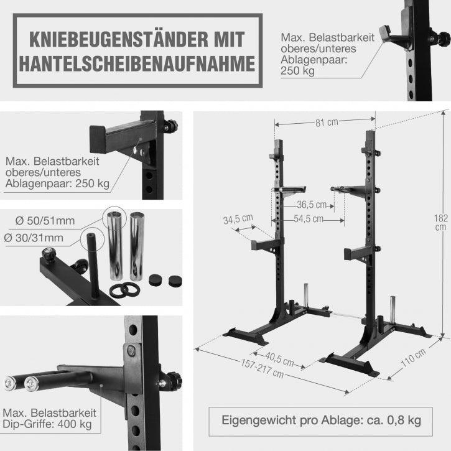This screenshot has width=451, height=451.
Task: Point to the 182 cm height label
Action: click(440, 221)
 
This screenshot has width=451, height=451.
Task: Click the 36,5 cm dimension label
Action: click(312, 205)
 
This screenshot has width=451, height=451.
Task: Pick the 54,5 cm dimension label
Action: click(309, 218)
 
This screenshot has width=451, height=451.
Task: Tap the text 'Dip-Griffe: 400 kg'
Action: click(47, 424)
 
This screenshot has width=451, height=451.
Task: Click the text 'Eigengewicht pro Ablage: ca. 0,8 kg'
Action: click(321, 420)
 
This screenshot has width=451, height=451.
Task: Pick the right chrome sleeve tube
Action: click(137, 246)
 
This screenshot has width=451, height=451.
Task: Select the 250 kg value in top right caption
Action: click(297, 70)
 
